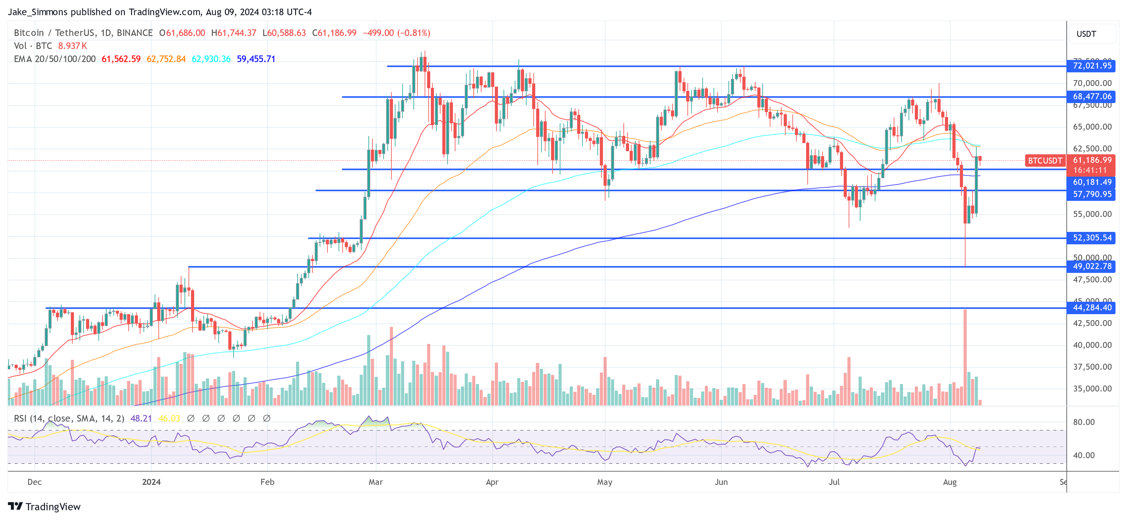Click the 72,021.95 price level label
click(1092, 66)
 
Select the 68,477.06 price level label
click(1092, 97)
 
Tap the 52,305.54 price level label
click(1092, 238)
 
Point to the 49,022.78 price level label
click(1092, 266)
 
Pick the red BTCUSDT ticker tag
click(1045, 161)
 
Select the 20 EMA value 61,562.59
click(121, 59)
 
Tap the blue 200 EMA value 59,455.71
click(256, 59)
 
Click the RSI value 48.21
click(141, 418)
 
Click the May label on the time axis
click(604, 482)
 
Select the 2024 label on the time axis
click(151, 482)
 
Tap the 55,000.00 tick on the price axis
click(1092, 214)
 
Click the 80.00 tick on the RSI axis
click(1084, 422)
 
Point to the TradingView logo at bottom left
click(44, 506)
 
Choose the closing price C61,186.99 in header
click(334, 33)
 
